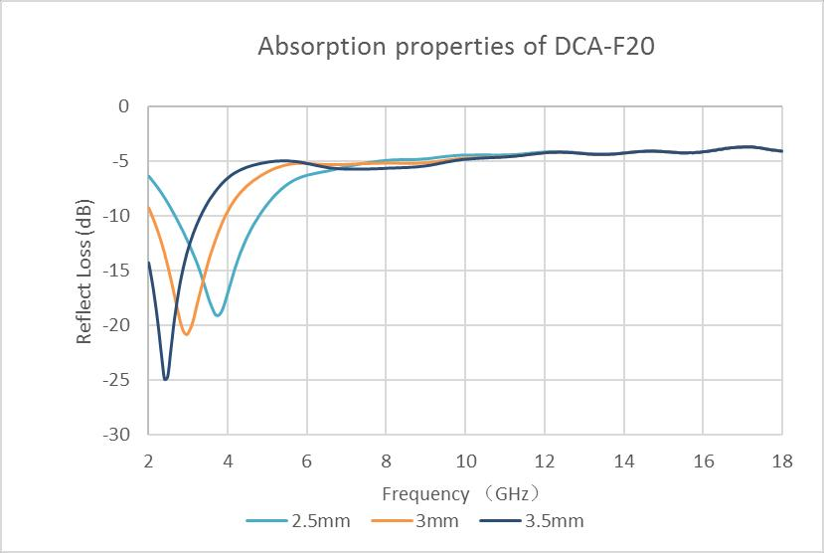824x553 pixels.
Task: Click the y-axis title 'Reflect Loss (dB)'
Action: [x=85, y=271]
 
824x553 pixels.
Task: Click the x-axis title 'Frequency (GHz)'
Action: [x=464, y=493]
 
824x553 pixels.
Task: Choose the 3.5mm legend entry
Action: [x=531, y=521]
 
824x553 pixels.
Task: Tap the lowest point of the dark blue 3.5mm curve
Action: [x=166, y=379]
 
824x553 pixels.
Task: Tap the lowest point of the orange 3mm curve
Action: [x=186, y=334]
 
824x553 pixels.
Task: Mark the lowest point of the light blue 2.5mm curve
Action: [x=218, y=316]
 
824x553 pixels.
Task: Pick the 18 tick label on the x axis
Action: [x=781, y=461]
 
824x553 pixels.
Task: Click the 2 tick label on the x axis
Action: [x=148, y=461]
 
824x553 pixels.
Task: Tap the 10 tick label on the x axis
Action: [x=464, y=461]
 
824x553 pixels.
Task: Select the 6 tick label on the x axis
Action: [x=306, y=461]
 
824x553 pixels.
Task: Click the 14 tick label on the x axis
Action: [x=623, y=461]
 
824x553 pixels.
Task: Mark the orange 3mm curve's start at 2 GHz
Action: [x=149, y=208]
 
